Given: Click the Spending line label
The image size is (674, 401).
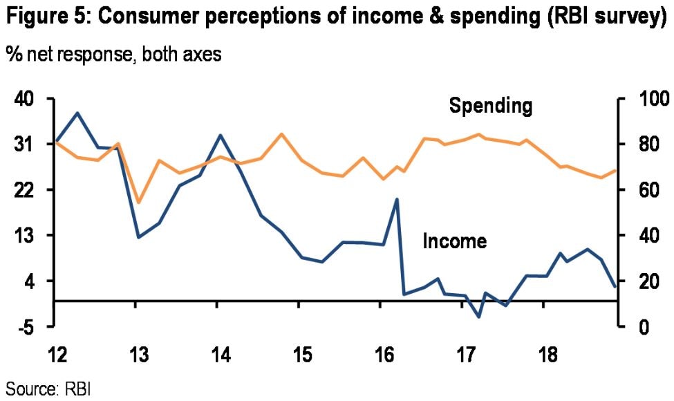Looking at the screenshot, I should (x=491, y=106).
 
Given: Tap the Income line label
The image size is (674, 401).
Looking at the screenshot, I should (x=454, y=241).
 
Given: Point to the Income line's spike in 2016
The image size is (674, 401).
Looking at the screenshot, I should (x=397, y=199).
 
